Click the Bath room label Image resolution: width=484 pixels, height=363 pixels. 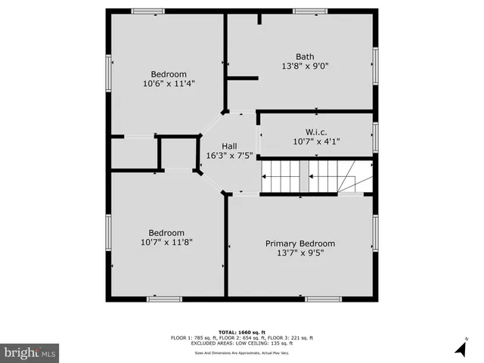point(305,56)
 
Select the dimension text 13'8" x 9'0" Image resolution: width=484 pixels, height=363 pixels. point(305,66)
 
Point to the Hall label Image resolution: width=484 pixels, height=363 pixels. point(229,146)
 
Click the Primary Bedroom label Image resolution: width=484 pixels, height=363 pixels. point(299,244)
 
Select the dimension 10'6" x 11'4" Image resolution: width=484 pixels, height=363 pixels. point(168,83)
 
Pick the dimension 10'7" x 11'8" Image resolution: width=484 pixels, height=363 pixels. point(166,242)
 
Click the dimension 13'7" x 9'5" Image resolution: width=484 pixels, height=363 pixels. point(299,253)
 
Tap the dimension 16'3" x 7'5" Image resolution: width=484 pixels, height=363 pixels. point(229,156)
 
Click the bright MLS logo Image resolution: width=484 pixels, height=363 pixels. point(30,352)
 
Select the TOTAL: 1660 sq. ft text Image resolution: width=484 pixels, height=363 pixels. point(241,331)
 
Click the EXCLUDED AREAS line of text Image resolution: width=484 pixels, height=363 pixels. point(241,343)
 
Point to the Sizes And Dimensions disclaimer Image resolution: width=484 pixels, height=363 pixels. point(241,352)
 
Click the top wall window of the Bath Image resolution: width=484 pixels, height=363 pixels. point(310,11)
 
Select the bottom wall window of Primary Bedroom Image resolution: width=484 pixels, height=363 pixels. point(323,299)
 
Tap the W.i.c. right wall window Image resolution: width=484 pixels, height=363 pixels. point(375,137)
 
